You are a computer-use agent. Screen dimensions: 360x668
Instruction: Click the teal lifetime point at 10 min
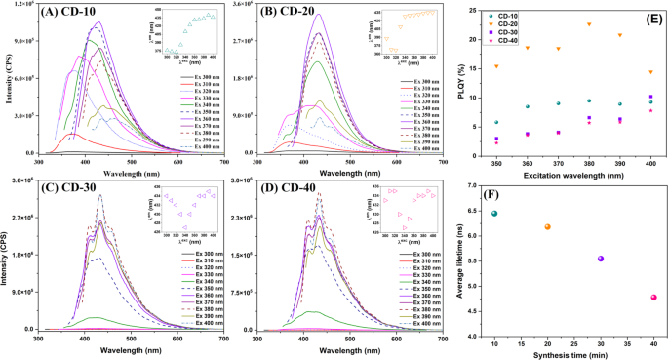click(494, 214)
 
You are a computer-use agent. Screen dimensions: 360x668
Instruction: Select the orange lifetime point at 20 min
click(548, 227)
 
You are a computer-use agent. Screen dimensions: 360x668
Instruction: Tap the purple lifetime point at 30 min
click(601, 259)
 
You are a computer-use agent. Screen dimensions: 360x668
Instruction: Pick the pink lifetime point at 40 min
click(654, 298)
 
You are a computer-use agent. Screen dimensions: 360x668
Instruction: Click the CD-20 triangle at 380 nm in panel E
click(589, 24)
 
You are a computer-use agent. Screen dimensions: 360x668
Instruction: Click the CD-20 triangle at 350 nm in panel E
click(495, 66)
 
